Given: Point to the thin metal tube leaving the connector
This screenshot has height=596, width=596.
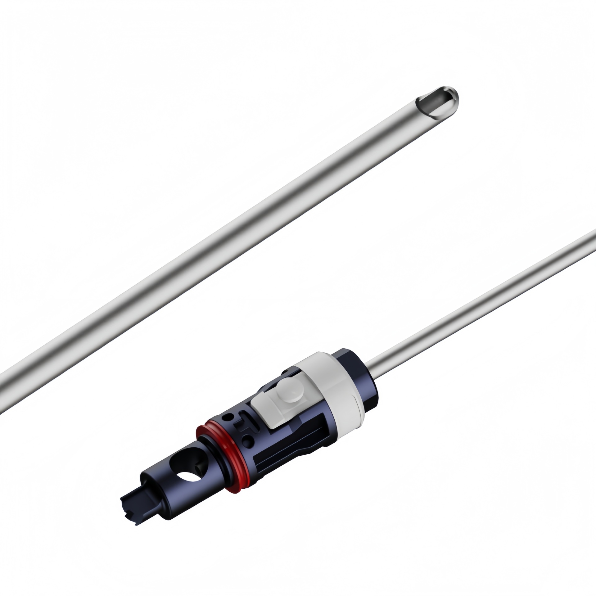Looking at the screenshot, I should [481, 292].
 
